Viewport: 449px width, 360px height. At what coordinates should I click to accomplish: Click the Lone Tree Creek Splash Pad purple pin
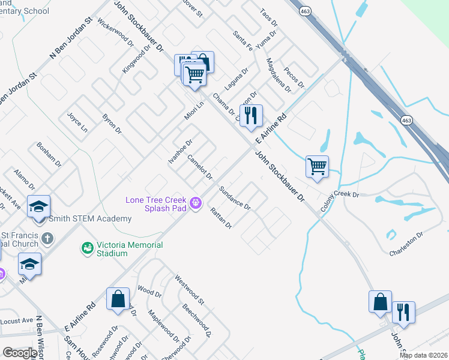195,204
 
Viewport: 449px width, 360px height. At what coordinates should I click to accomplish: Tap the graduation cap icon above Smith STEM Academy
38,206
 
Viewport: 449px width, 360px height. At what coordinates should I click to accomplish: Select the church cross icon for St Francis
47,239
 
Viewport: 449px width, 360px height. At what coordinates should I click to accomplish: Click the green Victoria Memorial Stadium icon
86,247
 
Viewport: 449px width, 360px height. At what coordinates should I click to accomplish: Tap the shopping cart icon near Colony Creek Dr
316,166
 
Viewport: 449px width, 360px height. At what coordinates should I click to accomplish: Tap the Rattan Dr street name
221,218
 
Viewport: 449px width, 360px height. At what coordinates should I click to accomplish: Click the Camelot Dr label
200,167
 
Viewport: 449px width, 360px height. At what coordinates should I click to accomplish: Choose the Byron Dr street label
112,122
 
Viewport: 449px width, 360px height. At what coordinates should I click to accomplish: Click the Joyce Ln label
77,122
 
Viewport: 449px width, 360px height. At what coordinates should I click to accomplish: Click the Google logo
20,353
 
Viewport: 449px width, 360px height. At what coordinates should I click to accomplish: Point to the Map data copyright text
423,355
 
